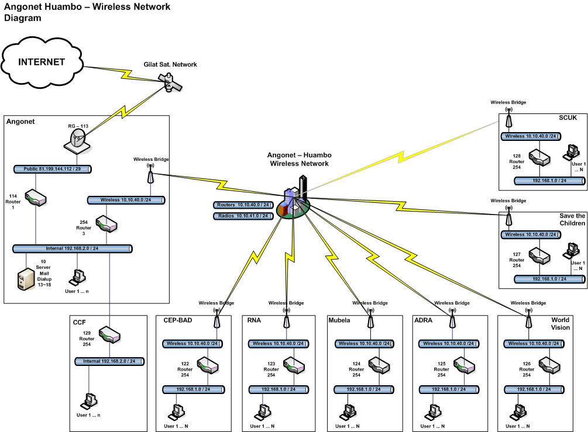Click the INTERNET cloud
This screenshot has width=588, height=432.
click(x=42, y=62)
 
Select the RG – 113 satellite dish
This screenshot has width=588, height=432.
click(x=78, y=141)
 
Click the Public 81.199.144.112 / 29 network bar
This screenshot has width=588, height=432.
click(x=53, y=169)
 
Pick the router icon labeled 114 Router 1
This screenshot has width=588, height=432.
click(x=36, y=198)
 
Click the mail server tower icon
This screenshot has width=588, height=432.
click(x=26, y=279)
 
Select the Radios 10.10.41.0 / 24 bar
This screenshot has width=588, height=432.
click(x=243, y=216)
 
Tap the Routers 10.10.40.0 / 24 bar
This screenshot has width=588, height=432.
click(x=243, y=205)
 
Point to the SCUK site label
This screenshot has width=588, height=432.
click(x=568, y=117)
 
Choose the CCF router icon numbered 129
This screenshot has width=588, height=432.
click(x=109, y=335)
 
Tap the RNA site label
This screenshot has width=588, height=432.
click(x=254, y=320)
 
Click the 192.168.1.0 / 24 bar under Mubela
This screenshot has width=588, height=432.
click(x=364, y=390)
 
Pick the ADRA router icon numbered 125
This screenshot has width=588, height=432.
click(x=464, y=366)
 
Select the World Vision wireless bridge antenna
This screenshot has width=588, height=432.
click(x=529, y=319)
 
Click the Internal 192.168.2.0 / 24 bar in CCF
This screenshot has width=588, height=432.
click(x=109, y=362)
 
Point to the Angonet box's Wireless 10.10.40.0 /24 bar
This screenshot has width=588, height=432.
click(x=126, y=200)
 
